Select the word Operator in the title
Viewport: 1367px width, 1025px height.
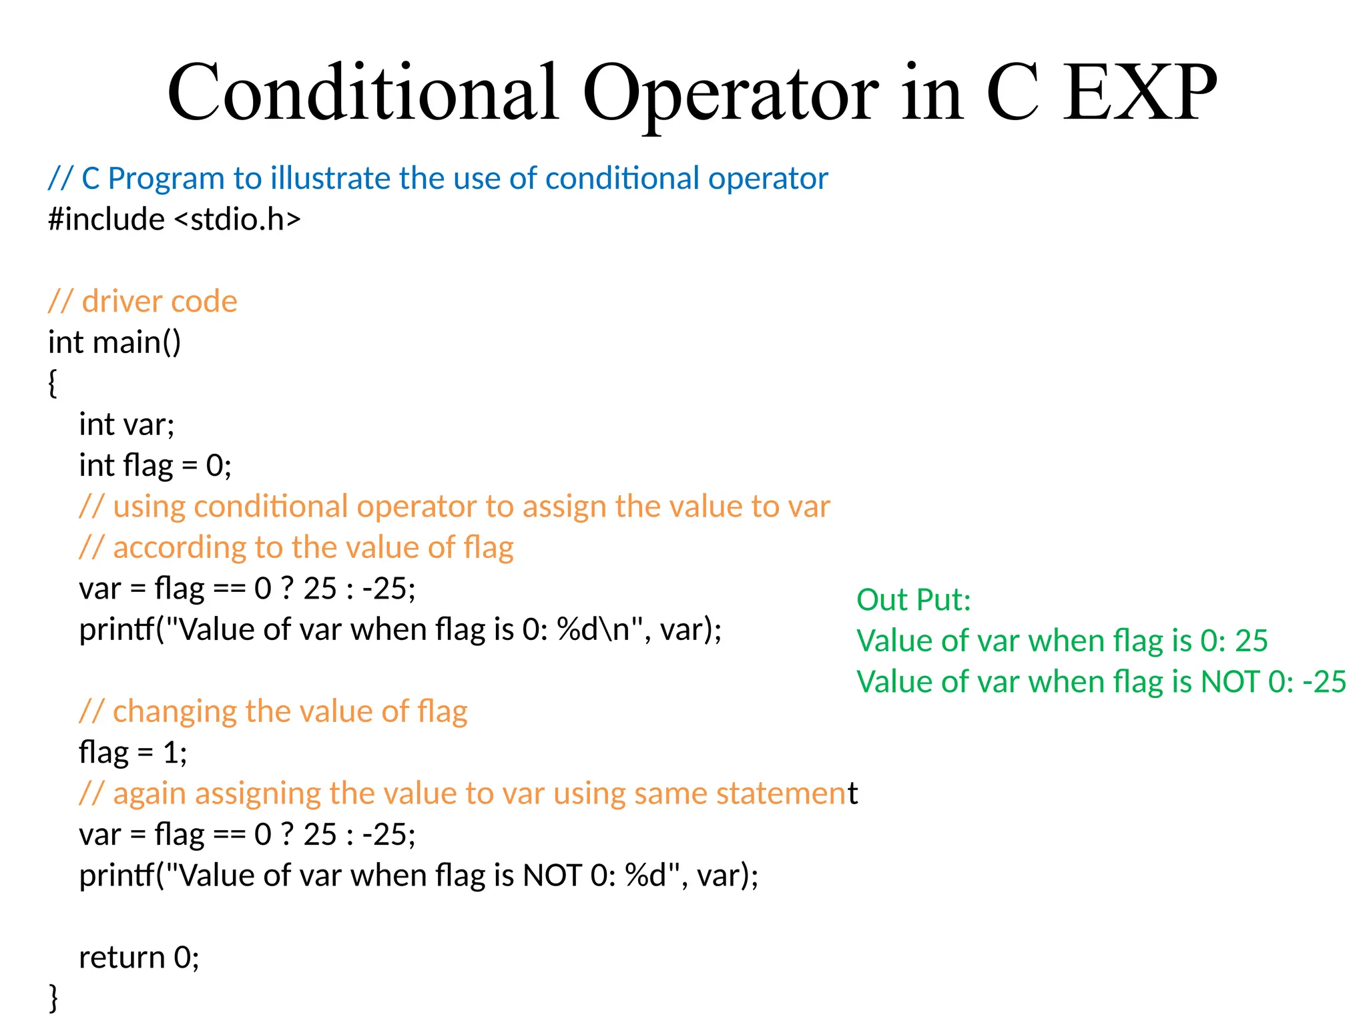pyautogui.click(x=730, y=93)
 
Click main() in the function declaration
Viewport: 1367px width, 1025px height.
pyautogui.click(x=137, y=343)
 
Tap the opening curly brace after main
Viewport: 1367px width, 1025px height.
pyautogui.click(x=53, y=384)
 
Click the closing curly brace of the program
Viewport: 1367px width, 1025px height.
pyautogui.click(x=53, y=998)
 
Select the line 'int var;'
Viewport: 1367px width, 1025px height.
pyautogui.click(x=126, y=425)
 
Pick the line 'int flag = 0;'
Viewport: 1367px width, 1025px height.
pyautogui.click(x=155, y=466)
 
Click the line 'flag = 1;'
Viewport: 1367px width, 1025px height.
pyautogui.click(x=133, y=753)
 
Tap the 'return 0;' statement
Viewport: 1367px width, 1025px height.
pyautogui.click(x=139, y=958)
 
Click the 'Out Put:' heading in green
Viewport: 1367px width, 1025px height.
pyautogui.click(x=913, y=600)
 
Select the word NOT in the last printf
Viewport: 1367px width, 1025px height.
pyautogui.click(x=552, y=876)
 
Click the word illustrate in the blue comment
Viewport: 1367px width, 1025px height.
pyautogui.click(x=330, y=179)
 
